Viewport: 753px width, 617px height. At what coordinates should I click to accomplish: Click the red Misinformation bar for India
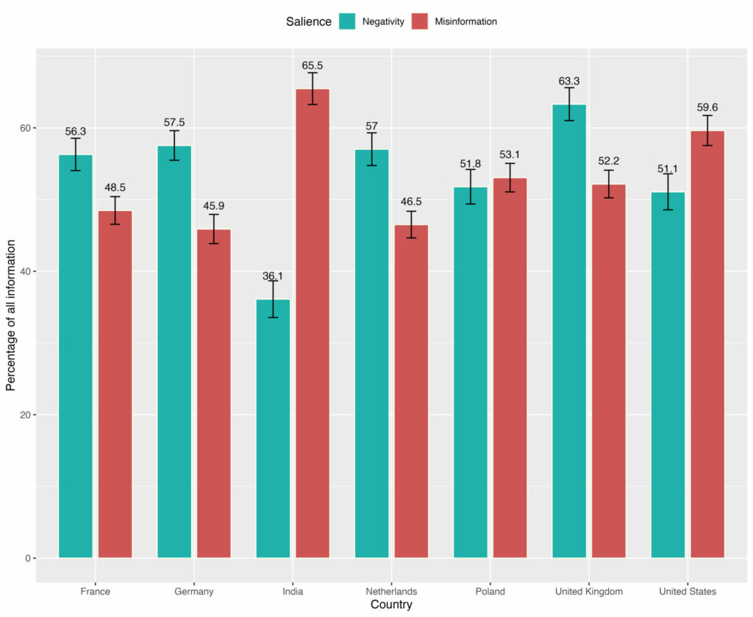[x=313, y=324]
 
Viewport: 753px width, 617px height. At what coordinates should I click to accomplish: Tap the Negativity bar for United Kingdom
[x=569, y=331]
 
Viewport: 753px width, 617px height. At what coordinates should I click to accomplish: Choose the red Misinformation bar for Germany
[x=214, y=393]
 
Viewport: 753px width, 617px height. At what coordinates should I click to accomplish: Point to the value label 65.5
[x=313, y=65]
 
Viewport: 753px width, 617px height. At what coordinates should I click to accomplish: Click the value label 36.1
[x=273, y=277]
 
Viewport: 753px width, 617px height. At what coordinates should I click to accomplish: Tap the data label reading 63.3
[x=569, y=81]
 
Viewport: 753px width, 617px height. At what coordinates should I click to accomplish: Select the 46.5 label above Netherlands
[x=411, y=202]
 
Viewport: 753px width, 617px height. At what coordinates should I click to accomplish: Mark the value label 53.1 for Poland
[x=510, y=154]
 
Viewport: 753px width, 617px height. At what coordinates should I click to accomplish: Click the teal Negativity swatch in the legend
[x=347, y=21]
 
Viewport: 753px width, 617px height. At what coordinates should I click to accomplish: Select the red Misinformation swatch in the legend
[x=419, y=21]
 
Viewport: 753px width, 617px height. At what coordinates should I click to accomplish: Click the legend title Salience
[x=309, y=21]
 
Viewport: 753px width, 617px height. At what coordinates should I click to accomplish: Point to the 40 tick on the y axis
[x=26, y=271]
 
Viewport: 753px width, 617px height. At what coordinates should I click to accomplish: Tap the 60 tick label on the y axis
[x=26, y=128]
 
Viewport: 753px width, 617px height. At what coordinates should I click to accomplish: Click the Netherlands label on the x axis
[x=391, y=591]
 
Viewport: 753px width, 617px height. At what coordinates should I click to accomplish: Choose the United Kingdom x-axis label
[x=588, y=591]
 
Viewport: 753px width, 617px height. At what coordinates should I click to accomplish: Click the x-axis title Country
[x=391, y=605]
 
